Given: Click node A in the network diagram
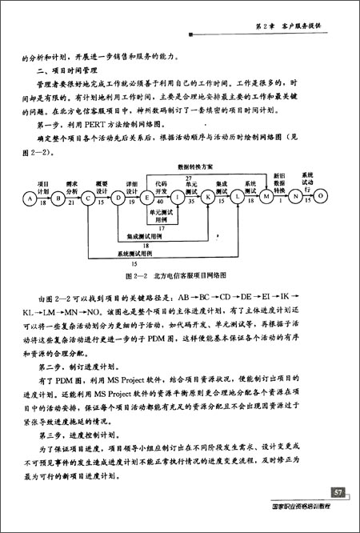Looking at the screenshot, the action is [30, 196].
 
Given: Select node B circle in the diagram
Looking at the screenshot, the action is [58, 196].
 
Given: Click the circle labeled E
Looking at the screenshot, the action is [147, 196].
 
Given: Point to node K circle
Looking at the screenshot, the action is [207, 196].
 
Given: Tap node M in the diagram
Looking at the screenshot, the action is [266, 196].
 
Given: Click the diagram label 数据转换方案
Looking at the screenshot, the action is [189, 166].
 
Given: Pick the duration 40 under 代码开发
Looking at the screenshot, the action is [162, 203].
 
